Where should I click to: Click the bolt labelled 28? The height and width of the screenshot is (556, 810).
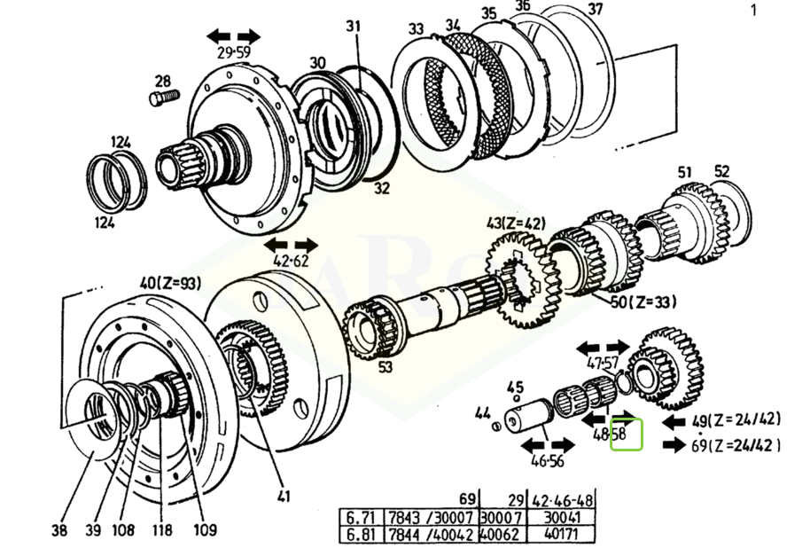point(165,97)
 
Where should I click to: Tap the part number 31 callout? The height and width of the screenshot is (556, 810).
point(354,27)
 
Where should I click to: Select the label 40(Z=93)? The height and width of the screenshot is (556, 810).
point(170,284)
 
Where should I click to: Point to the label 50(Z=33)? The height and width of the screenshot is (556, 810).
point(643,302)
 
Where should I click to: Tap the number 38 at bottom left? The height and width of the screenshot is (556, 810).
point(58,531)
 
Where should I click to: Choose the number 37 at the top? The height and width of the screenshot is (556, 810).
point(596,10)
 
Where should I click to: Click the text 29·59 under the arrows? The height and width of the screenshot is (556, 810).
point(233,52)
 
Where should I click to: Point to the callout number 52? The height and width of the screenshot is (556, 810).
point(721,172)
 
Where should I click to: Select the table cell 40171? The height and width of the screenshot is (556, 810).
point(560,536)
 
